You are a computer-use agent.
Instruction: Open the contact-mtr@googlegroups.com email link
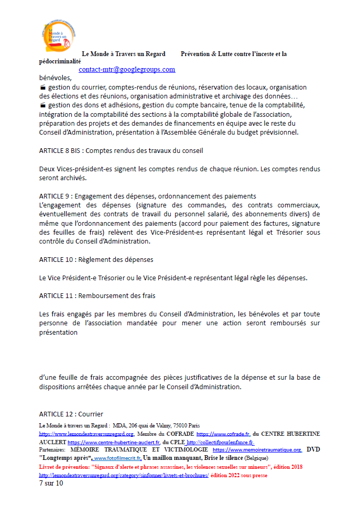(127, 69)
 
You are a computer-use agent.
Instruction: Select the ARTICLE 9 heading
(147, 196)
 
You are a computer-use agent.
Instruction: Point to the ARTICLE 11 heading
(97, 295)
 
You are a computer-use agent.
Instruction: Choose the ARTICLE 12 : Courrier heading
(71, 414)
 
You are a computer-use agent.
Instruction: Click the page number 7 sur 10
(51, 483)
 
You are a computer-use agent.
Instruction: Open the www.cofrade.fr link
(223, 434)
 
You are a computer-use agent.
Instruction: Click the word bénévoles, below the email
(54, 78)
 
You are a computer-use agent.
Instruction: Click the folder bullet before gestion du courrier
(42, 87)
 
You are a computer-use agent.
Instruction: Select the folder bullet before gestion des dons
(42, 105)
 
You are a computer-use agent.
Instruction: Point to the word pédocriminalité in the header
(60, 61)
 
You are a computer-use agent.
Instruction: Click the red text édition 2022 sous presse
(239, 475)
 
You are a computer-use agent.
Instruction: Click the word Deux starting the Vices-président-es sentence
(48, 169)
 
